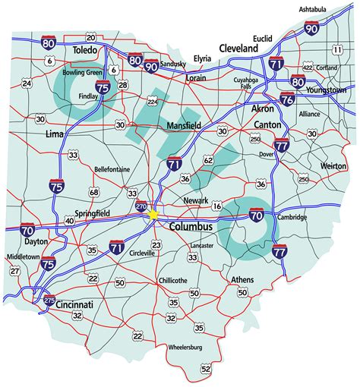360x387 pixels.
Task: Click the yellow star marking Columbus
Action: (x=154, y=215)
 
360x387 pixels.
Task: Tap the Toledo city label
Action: (x=85, y=50)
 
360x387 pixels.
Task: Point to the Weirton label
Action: (x=333, y=165)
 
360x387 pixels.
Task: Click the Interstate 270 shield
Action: (x=141, y=206)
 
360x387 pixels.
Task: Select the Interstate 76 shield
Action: (x=287, y=99)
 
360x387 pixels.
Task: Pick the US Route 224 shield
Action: (x=153, y=99)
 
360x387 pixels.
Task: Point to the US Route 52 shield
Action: (x=206, y=369)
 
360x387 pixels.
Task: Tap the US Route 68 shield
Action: (x=94, y=192)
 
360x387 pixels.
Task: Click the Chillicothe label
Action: (x=173, y=280)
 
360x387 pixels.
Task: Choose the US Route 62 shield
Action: (x=208, y=160)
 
